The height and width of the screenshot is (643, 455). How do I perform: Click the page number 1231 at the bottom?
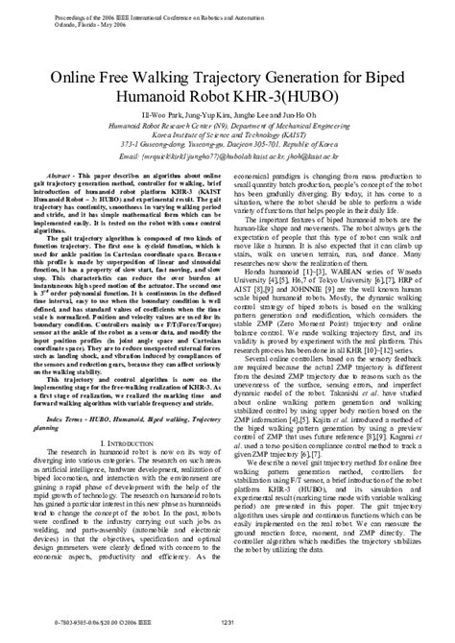pyautogui.click(x=227, y=624)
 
